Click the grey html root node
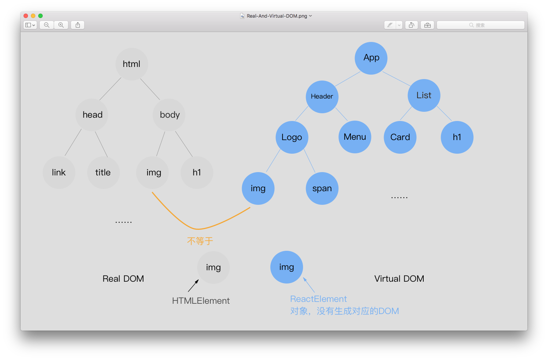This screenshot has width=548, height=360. click(x=132, y=64)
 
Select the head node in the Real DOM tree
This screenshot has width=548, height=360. click(x=92, y=115)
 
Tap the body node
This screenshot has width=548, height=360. click(x=170, y=115)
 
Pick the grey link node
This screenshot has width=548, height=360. click(x=59, y=172)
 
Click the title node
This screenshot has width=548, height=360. click(x=103, y=172)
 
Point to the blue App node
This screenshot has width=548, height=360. click(x=371, y=58)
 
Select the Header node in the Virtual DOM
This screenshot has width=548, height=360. click(x=322, y=96)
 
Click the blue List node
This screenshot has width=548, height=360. click(x=424, y=95)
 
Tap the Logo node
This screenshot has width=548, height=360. click(x=292, y=137)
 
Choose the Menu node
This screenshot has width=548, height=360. click(x=355, y=137)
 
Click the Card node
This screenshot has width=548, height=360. click(x=400, y=137)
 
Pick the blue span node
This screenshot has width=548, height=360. click(x=322, y=188)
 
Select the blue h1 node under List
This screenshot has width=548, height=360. click(x=457, y=137)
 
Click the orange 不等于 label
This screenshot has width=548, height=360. click(x=200, y=241)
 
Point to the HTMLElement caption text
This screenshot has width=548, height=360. click(x=201, y=301)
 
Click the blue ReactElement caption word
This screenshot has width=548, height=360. click(x=319, y=299)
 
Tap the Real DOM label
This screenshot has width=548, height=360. click(x=123, y=279)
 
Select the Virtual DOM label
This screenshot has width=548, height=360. click(x=399, y=279)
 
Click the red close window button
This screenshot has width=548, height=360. click(x=26, y=16)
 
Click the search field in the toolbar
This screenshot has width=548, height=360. click(x=480, y=25)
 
